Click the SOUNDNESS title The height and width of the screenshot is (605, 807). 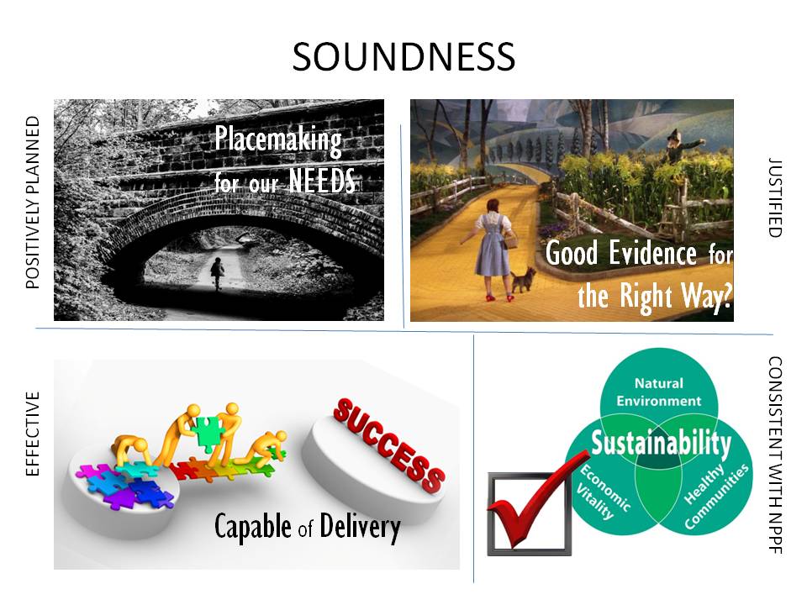click(x=403, y=56)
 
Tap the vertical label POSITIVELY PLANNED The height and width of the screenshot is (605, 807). click(x=33, y=203)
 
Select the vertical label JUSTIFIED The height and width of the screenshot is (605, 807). click(x=775, y=197)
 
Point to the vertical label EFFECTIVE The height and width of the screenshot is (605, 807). click(x=33, y=434)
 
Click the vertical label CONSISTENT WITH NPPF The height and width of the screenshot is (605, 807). click(x=775, y=455)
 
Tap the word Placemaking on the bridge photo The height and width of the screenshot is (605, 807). click(x=278, y=140)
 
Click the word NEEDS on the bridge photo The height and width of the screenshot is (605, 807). click(x=322, y=181)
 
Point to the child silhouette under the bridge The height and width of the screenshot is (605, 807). click(x=217, y=273)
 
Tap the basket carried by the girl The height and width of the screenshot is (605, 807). click(x=511, y=239)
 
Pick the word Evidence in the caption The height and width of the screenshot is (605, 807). click(x=652, y=254)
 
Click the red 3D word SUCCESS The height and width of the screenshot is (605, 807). click(x=388, y=446)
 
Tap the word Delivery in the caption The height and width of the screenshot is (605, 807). click(x=360, y=528)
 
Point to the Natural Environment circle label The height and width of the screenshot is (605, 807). click(x=659, y=392)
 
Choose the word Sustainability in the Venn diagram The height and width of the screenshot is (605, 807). click(x=661, y=444)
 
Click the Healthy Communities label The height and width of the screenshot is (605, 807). click(x=716, y=496)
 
